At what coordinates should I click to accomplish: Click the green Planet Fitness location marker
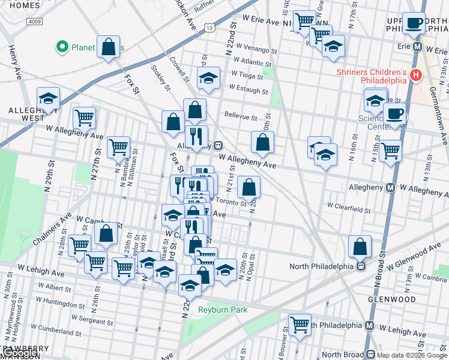coord(61,47)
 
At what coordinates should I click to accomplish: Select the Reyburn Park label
coord(223,310)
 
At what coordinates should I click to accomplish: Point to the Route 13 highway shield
coord(208,28)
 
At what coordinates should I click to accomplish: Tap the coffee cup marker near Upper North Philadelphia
coord(413,23)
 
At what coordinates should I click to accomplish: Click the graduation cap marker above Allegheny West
coord(48,98)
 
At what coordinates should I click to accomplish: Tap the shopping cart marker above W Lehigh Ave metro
coord(299,325)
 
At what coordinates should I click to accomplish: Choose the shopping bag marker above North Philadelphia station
coord(360,245)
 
